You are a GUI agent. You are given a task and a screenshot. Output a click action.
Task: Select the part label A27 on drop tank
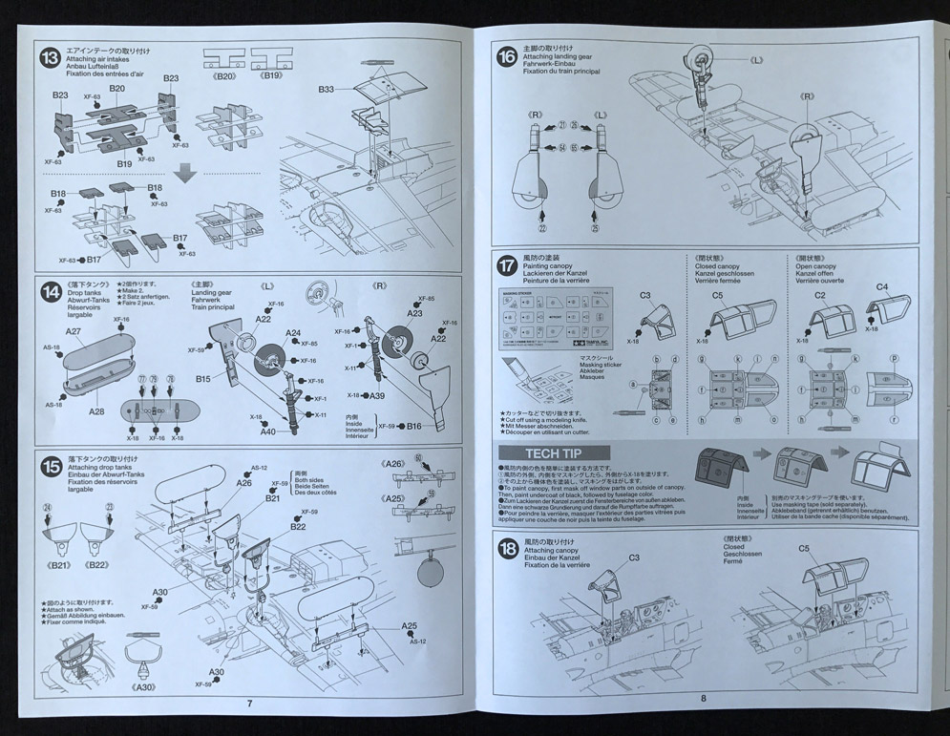(x=74, y=331)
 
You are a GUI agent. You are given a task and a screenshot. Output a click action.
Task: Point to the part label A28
(x=96, y=411)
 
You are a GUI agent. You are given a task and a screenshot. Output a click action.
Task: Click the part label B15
(x=204, y=379)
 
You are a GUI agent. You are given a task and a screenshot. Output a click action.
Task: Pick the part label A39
(x=378, y=395)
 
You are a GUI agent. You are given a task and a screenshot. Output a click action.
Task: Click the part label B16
(x=413, y=427)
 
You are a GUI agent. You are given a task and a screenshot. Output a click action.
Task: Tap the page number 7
(x=249, y=704)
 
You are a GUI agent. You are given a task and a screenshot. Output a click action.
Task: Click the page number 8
(x=704, y=698)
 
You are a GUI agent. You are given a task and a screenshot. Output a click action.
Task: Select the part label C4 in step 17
(x=881, y=285)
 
